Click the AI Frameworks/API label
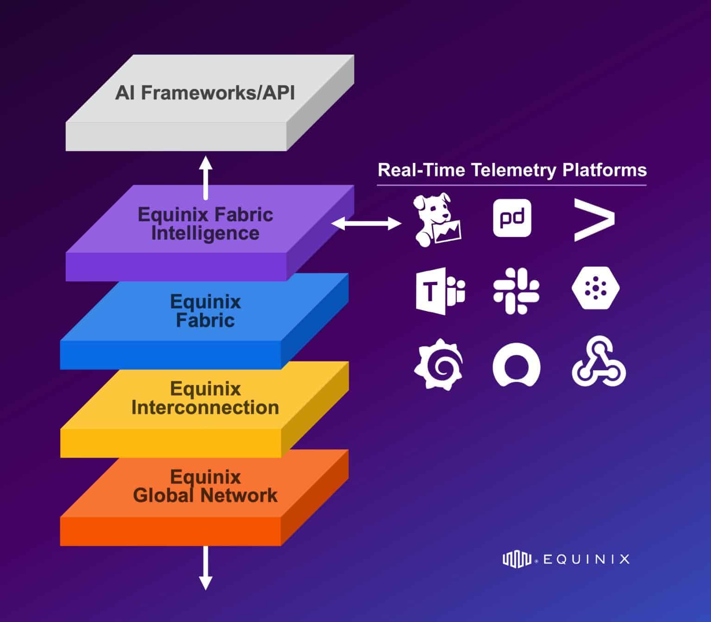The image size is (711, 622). (x=205, y=93)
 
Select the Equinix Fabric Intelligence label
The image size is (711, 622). (x=205, y=224)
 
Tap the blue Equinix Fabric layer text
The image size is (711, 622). (x=205, y=311)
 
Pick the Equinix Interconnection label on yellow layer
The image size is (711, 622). (x=205, y=398)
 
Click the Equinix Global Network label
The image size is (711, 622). (x=205, y=486)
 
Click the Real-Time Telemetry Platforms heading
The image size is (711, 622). (x=512, y=170)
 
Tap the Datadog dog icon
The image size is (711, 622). (x=437, y=220)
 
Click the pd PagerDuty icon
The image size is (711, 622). (x=512, y=218)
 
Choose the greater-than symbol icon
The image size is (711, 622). (x=594, y=220)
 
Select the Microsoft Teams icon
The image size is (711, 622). (x=440, y=292)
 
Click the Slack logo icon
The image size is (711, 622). (x=516, y=292)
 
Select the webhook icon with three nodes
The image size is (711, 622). (x=599, y=362)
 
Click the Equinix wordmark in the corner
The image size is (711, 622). (x=566, y=559)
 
